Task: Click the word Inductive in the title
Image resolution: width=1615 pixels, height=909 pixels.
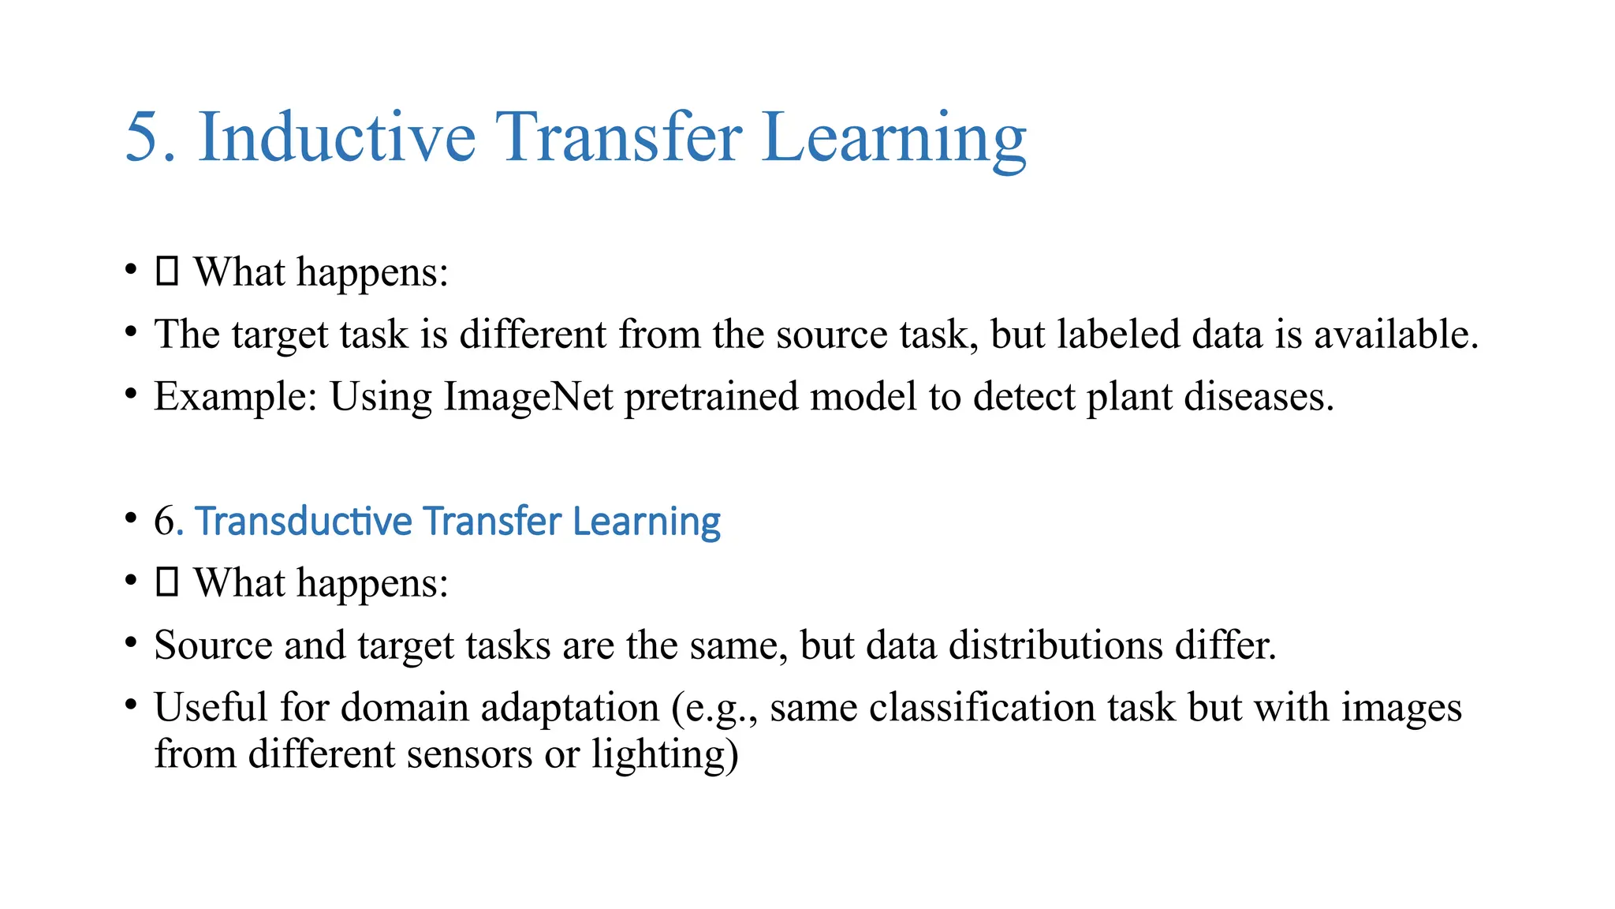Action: coord(337,137)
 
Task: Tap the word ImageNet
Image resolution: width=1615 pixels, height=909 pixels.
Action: coord(528,396)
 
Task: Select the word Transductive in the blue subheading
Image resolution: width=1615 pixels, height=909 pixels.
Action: coord(304,521)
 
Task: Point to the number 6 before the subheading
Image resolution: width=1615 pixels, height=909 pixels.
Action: coord(164,521)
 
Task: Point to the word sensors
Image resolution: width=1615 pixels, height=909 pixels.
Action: coord(469,754)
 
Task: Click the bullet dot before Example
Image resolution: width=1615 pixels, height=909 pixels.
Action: coord(131,392)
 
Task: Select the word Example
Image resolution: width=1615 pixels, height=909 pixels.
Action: coord(234,396)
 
